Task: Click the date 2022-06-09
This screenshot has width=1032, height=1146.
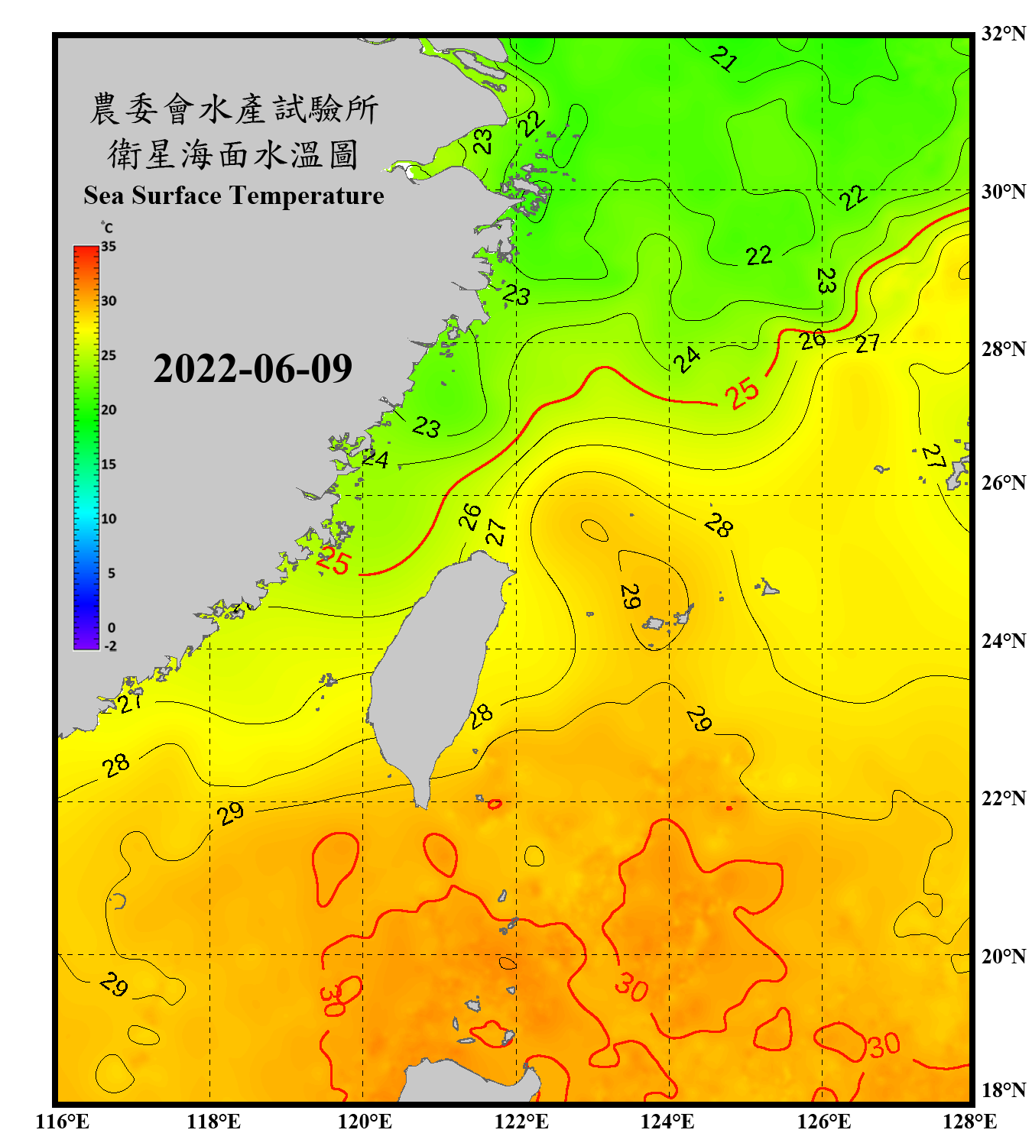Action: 252,369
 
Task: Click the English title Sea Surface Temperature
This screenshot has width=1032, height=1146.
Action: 234,196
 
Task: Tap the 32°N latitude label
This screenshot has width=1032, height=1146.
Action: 1003,34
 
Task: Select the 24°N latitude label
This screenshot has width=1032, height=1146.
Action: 1003,640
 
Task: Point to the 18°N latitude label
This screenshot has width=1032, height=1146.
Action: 1003,1090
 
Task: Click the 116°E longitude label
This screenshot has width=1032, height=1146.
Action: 63,1122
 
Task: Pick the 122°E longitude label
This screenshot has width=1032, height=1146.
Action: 521,1122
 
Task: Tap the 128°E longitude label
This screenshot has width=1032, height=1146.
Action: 969,1122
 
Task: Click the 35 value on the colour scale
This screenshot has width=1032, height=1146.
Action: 109,246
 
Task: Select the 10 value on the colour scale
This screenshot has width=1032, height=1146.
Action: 109,519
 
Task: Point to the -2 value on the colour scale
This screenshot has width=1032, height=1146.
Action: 110,646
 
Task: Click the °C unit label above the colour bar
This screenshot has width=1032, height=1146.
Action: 107,228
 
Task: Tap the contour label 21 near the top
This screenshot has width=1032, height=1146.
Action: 723,59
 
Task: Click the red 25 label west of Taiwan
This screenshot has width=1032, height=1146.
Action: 333,562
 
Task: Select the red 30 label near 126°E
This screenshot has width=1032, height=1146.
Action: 884,1045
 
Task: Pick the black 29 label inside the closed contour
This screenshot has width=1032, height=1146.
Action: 630,597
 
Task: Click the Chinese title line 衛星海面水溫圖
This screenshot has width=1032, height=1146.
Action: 233,154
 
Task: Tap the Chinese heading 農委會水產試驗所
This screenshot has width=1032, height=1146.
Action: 234,109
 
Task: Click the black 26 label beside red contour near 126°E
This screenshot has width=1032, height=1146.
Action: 812,339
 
